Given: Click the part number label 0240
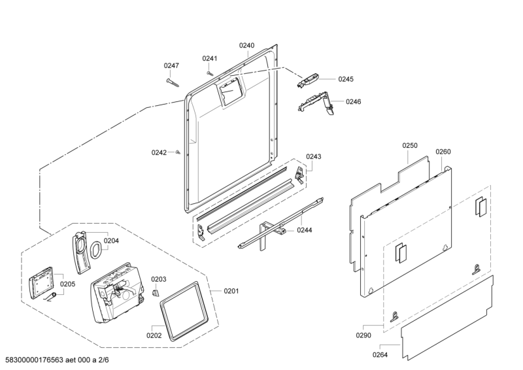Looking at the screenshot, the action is [x=246, y=45].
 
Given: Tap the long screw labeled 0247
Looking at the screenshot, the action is [x=173, y=82].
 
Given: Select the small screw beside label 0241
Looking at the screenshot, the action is [x=209, y=73].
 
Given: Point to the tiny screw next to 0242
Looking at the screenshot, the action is [x=178, y=152].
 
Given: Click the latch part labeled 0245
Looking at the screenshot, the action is [x=307, y=80].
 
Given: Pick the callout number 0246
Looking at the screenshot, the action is [x=353, y=101].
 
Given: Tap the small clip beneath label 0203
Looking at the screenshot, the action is [x=156, y=293].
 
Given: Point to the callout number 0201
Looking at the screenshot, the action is [x=231, y=292].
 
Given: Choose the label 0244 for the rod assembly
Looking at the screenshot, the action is [x=305, y=230].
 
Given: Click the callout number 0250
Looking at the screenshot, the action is [x=410, y=146].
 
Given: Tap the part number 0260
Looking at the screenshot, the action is [x=443, y=152].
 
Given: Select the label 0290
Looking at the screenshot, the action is [x=363, y=335].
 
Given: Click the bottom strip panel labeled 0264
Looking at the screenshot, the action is [x=447, y=318].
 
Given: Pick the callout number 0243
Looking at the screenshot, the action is [x=314, y=156].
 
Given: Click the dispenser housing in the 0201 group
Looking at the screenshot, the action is [x=117, y=293].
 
